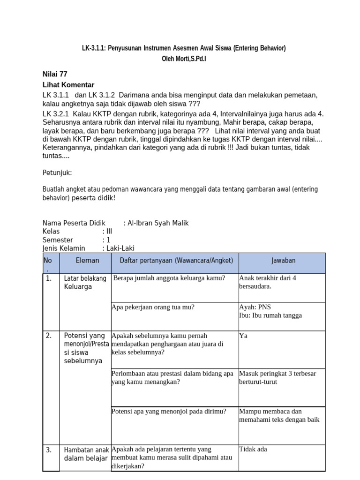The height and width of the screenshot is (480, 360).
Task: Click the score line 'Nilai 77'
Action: point(55,74)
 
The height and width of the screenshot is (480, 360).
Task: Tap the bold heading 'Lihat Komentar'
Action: point(68,85)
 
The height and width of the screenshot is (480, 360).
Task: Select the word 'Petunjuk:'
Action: point(57,172)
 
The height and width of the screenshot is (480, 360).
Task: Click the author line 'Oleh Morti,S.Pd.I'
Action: point(183,60)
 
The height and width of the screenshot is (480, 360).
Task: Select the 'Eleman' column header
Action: point(87,261)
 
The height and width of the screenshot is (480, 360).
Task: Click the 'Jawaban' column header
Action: point(283,261)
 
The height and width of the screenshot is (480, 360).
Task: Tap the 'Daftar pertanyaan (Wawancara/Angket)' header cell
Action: point(176,261)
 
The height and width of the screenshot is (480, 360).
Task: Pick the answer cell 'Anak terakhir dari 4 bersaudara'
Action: point(268,282)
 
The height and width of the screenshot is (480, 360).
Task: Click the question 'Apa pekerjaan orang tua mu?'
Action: point(153,307)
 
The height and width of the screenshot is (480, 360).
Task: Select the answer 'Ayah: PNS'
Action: point(255,307)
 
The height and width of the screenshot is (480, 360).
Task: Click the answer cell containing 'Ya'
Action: point(243,336)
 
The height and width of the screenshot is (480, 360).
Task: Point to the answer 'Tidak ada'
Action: point(253,450)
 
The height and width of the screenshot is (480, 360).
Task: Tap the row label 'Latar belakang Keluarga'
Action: point(85,283)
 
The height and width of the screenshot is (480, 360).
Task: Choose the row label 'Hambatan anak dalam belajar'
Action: point(86,454)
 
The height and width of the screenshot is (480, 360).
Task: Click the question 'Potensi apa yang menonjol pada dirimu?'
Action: point(169,412)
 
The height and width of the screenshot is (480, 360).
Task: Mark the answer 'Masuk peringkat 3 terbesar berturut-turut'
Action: point(277,378)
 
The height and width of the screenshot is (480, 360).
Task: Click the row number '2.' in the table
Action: point(49,336)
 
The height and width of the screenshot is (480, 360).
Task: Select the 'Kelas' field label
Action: point(52,232)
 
